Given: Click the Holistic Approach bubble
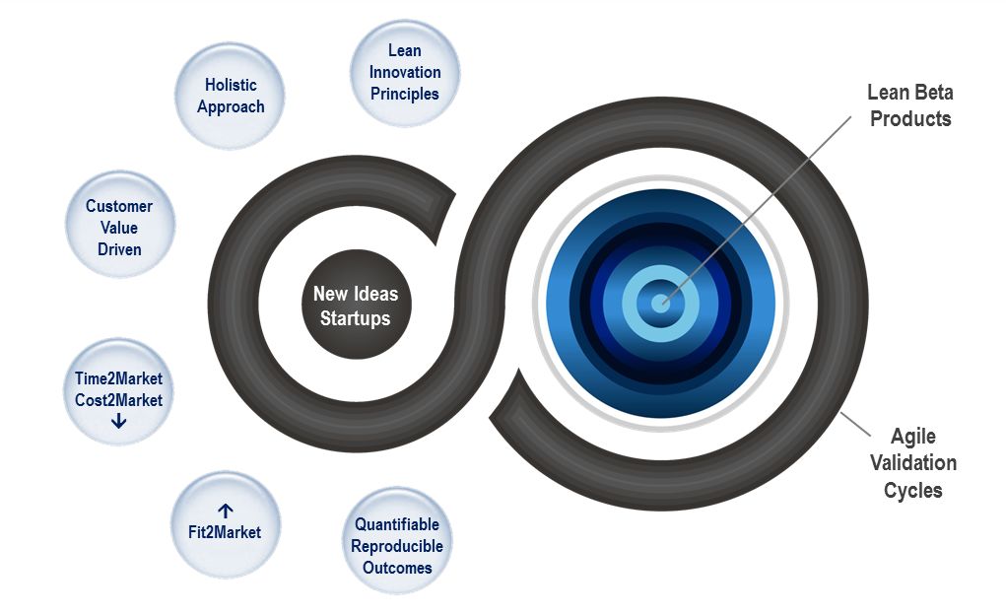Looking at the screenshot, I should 231,96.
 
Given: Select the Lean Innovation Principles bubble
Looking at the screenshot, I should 405,72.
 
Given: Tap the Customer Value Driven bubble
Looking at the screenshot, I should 119,227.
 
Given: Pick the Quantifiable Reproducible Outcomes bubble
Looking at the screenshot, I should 397,545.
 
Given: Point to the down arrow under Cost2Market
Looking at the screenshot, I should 119,421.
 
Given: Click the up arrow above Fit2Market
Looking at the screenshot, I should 225,511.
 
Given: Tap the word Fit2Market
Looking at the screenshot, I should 225,532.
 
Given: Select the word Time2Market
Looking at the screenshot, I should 119,378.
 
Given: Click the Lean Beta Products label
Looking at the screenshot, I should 909,105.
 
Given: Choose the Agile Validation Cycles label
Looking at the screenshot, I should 912,462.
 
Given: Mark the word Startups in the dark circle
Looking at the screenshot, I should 355,318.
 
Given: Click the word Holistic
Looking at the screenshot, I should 231,85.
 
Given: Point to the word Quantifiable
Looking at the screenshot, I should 397,524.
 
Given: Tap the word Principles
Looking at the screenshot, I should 405,94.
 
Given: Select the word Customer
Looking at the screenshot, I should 119,206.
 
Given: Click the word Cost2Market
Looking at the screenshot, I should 119,400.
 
